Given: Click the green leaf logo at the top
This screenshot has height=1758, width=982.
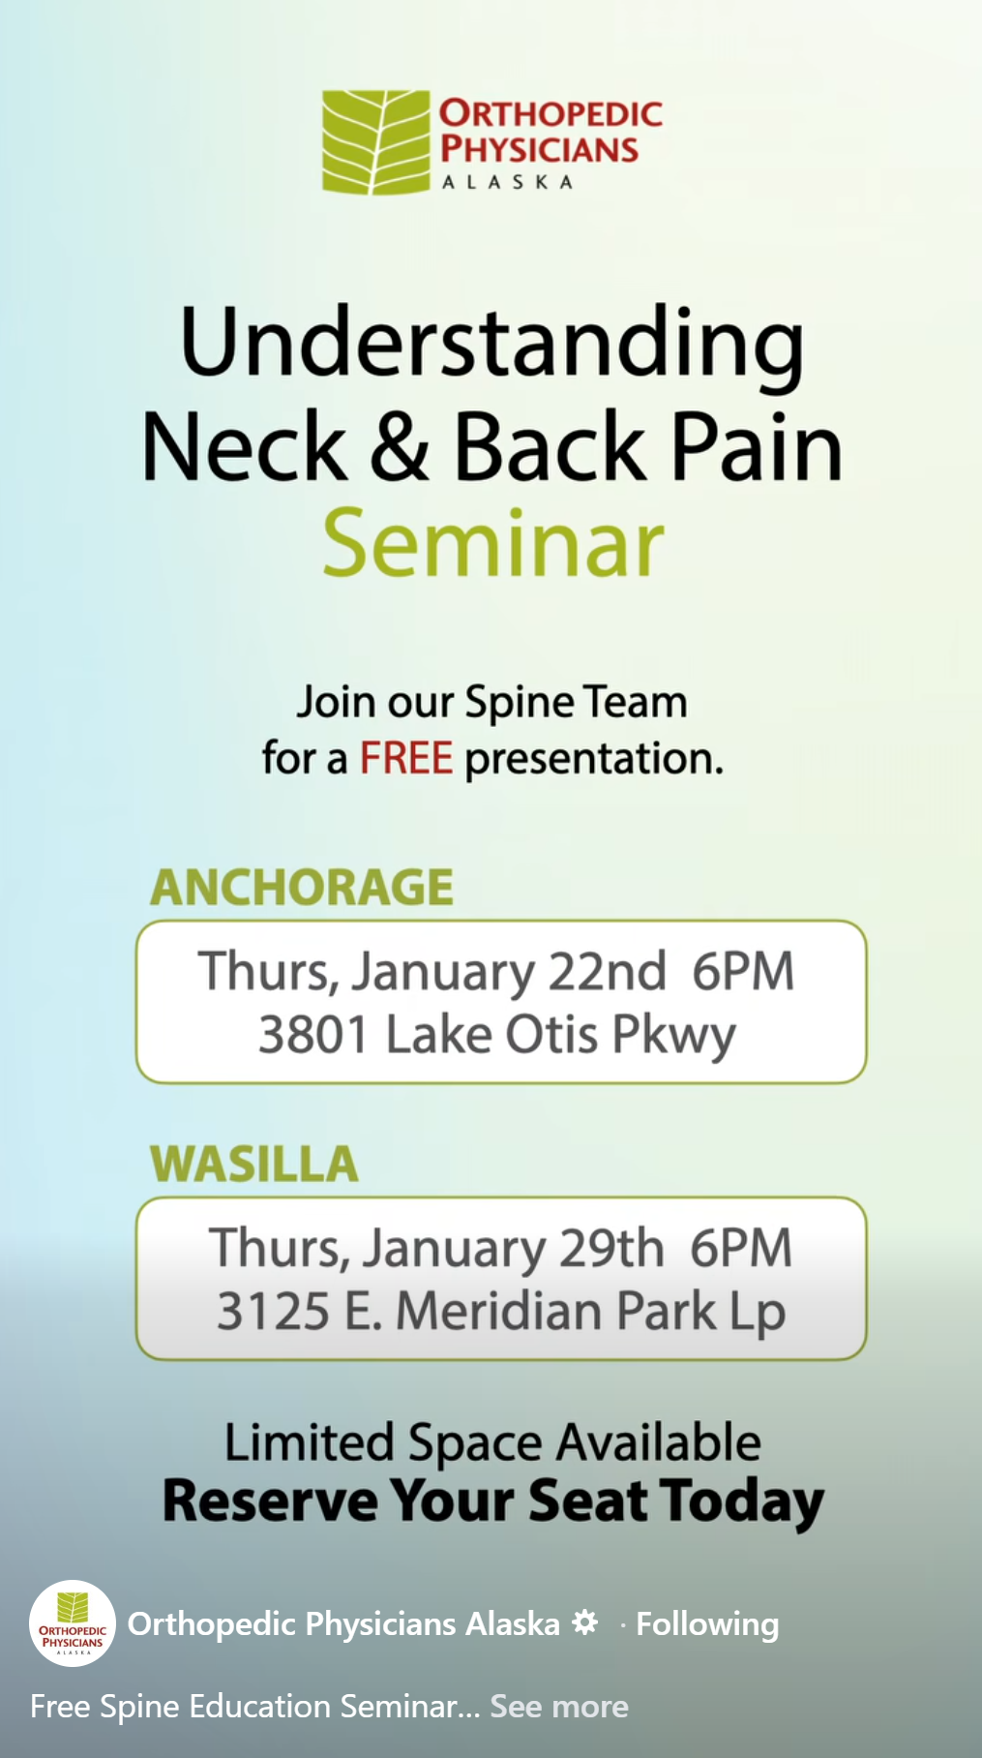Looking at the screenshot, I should [x=375, y=141].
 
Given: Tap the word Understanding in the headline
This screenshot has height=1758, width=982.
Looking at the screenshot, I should [x=491, y=346].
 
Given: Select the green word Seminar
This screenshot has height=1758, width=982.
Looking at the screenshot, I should [x=492, y=544].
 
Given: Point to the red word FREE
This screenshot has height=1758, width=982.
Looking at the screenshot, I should [x=405, y=758].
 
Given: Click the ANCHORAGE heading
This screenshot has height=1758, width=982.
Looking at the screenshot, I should [x=302, y=887].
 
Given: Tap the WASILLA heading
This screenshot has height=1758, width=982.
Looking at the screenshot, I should [x=254, y=1164].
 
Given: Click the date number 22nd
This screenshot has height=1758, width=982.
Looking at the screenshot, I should [x=608, y=971].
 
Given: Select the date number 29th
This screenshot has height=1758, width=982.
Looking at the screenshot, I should [x=611, y=1248].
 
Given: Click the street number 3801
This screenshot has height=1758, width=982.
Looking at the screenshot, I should [x=313, y=1035].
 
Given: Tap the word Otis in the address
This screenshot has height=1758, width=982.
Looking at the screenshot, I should [x=551, y=1035].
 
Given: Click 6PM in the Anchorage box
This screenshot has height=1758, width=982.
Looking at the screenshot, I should [x=743, y=971].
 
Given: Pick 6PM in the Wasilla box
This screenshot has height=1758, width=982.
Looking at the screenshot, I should [x=741, y=1248].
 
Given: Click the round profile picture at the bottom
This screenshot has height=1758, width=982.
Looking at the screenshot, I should [x=73, y=1623].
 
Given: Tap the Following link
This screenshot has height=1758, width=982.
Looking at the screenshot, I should [x=707, y=1624].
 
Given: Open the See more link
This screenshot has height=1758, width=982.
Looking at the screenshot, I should [x=559, y=1706].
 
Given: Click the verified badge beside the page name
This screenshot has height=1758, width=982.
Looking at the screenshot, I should [x=584, y=1622].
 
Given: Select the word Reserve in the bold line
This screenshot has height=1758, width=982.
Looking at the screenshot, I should [x=270, y=1501].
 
